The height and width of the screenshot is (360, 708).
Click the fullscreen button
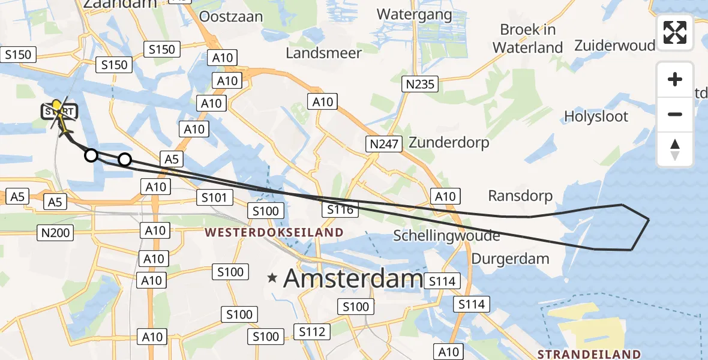click(675, 32)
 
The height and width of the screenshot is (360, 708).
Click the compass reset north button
click(675, 150)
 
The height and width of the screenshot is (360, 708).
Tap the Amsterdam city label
click(353, 278)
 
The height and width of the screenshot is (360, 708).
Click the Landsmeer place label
click(323, 53)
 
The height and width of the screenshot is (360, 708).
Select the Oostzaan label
click(231, 17)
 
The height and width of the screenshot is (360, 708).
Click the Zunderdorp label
click(449, 143)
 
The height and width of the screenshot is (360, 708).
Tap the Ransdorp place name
click(520, 196)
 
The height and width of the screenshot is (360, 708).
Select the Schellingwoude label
click(446, 236)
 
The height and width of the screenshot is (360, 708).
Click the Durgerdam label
click(511, 259)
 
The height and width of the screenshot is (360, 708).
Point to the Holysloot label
click(596, 116)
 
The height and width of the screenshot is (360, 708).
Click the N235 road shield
click(420, 85)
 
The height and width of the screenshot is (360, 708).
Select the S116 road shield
click(340, 209)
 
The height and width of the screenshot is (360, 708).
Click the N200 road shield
click(56, 233)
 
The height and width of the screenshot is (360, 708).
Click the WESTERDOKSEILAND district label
click(274, 232)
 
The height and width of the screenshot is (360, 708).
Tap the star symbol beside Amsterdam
click(273, 278)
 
